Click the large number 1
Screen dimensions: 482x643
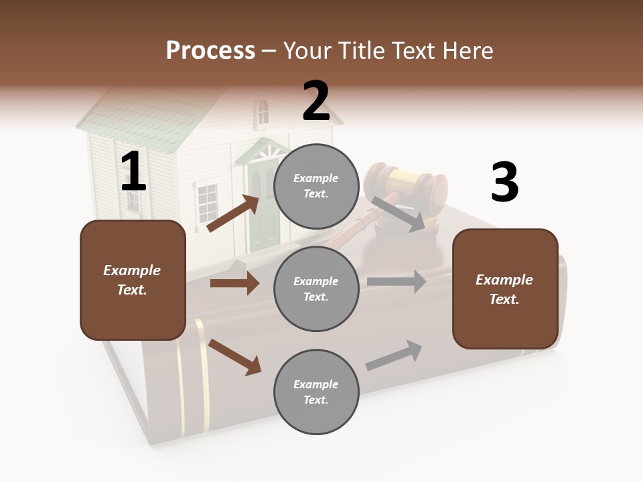[x=133, y=172]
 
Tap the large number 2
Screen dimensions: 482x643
[x=315, y=101]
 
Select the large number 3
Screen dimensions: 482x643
[x=504, y=183]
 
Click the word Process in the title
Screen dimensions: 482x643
[x=210, y=50]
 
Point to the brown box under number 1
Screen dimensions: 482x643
[x=133, y=280]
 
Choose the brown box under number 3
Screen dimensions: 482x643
[x=505, y=289]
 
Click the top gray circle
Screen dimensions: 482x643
[x=315, y=186]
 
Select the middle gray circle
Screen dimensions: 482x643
[x=315, y=289]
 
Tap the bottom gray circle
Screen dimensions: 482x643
[x=315, y=392]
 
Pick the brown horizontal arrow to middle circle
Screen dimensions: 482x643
[x=234, y=283]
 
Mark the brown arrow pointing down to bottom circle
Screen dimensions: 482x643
[x=234, y=357]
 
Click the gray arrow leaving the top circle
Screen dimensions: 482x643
[x=398, y=214]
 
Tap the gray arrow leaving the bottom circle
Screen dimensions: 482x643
[x=394, y=355]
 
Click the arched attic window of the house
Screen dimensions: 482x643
[x=263, y=112]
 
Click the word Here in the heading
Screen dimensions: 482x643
[x=468, y=50]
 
